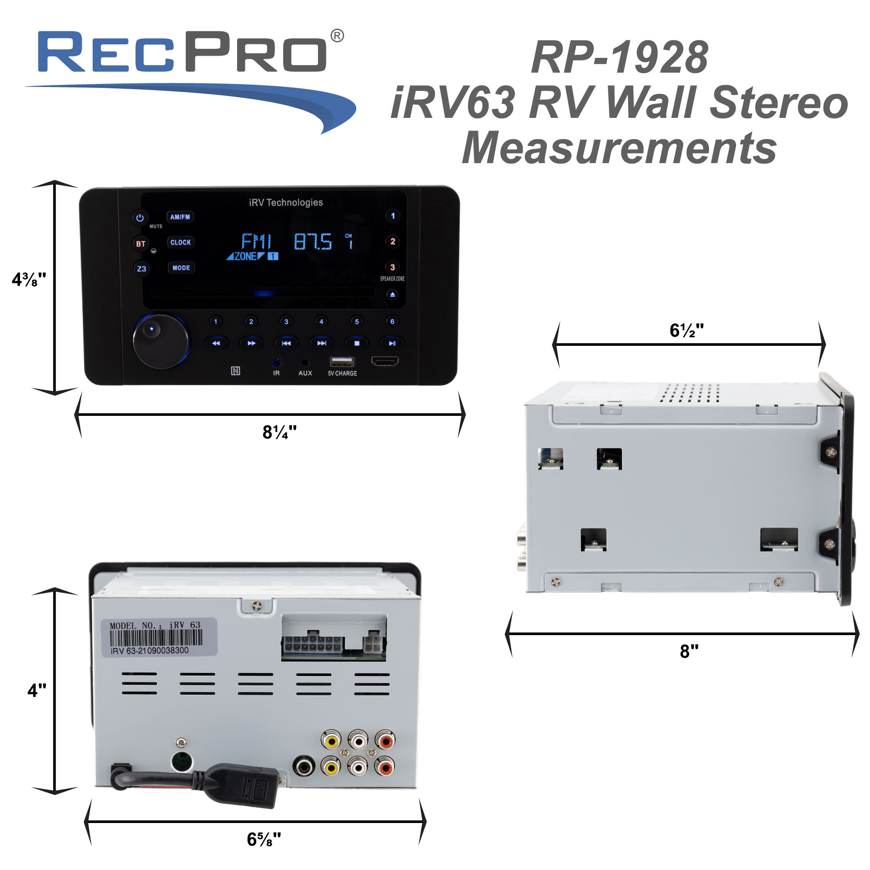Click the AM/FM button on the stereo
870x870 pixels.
point(180,217)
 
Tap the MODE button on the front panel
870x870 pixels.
point(181,268)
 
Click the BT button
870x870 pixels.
point(141,244)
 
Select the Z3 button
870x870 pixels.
point(141,269)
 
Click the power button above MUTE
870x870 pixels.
point(140,218)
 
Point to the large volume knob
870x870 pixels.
point(161,341)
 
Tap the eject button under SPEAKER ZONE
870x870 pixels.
point(393,294)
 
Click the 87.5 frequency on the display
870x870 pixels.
point(313,242)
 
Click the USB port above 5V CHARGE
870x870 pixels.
point(342,361)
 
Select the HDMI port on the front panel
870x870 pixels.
point(385,361)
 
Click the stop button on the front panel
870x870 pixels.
point(357,343)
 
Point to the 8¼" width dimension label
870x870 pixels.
point(279,432)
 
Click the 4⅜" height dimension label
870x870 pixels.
point(29,280)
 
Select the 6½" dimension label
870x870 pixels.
point(686,331)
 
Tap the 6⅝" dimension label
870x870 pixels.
point(264,840)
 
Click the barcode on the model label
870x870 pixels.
point(156,638)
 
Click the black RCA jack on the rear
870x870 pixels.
point(304,765)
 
